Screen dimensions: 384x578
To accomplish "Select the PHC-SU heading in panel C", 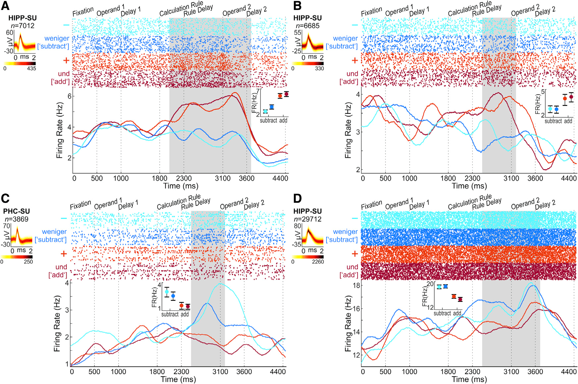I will click(17, 211).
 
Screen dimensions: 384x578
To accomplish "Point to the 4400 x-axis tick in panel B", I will click(569, 178).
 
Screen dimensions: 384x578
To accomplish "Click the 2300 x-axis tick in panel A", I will click(184, 178).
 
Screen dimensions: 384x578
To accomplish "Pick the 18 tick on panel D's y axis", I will click(356, 285).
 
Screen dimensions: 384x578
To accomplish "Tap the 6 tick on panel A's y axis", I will click(69, 96).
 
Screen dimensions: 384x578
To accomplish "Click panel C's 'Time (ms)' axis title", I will click(178, 379).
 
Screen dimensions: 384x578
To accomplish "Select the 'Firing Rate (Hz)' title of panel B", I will click(348, 130).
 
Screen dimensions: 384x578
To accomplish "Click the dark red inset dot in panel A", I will click(286, 94).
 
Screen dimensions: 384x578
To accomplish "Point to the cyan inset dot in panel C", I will click(167, 292).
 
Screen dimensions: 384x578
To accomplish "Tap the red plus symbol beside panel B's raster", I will click(355, 60).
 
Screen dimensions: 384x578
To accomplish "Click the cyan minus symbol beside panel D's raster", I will click(355, 218).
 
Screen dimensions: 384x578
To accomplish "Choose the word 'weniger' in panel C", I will click(54, 232).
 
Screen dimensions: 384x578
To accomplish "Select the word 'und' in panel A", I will click(64, 74).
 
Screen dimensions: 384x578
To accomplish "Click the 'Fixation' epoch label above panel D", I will click(372, 205).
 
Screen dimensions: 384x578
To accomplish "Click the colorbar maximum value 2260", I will click(318, 262).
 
